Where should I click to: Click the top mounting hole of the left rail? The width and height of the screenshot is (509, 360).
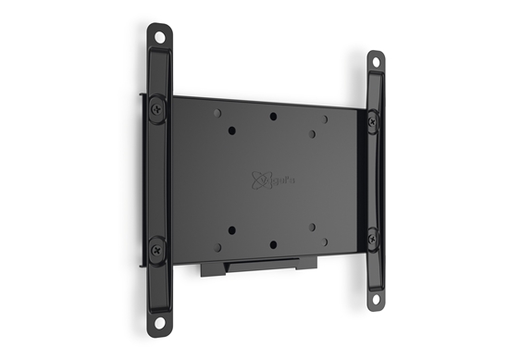tap(160, 39)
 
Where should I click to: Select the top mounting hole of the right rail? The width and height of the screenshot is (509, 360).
tap(375, 64)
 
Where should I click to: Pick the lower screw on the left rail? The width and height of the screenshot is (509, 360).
tap(157, 247)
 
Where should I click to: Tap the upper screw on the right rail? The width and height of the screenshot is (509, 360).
tap(372, 119)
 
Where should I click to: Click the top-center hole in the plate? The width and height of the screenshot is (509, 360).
tap(274, 117)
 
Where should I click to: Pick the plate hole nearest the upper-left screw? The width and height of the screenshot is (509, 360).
tap(217, 112)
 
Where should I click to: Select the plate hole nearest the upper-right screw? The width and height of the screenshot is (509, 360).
tap(325, 120)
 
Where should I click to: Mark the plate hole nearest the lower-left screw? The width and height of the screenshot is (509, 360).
tap(217, 248)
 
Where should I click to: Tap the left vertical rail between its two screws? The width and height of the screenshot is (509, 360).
tap(158, 176)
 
